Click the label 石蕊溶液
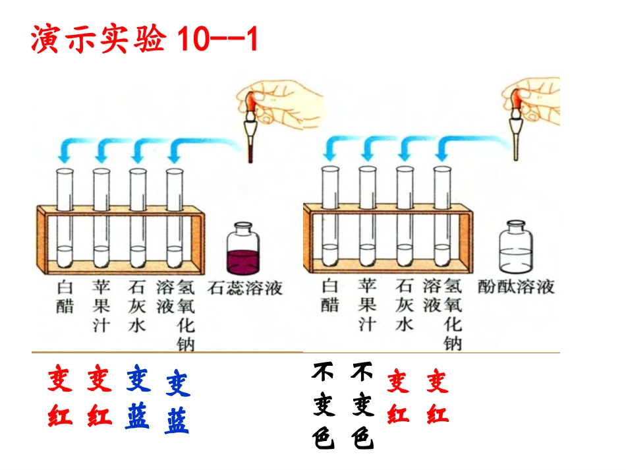245,289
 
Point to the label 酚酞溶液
517,287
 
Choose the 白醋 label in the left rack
64,296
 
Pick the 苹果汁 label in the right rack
367,305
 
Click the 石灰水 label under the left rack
136,305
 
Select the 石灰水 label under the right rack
404,305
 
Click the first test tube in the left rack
65,218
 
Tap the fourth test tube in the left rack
174,218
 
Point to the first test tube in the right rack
330,214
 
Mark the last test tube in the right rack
442,214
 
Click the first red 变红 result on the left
60,397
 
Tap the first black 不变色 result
323,405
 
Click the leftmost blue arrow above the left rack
65,151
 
